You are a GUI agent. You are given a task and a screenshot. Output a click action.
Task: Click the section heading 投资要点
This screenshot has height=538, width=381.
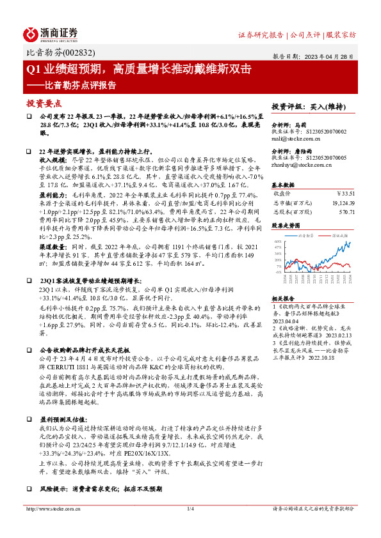click(44, 103)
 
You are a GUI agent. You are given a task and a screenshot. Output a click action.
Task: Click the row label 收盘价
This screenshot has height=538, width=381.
click(283, 192)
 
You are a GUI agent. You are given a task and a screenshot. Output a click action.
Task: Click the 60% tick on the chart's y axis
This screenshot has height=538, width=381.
click(277, 242)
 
